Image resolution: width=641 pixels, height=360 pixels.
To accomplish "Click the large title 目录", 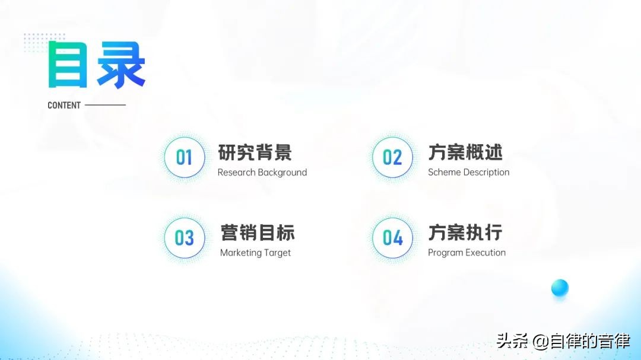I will pos(97,65).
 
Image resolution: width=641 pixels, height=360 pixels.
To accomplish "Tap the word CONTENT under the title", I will pos(64,106).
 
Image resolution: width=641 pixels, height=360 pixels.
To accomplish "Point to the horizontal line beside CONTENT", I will pos(105,106).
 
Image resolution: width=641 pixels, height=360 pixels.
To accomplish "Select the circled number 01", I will pos(184,157).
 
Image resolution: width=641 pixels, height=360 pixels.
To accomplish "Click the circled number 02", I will pos(392,157).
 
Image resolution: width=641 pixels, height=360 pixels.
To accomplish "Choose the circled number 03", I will pos(184,238).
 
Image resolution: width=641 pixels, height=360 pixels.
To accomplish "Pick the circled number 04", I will pos(392,238).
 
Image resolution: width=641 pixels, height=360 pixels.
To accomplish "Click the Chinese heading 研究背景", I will pos(255,152).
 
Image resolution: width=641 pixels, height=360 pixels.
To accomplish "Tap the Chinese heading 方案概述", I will pos(465,152).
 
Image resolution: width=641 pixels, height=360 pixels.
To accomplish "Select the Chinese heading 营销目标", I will pos(257,232).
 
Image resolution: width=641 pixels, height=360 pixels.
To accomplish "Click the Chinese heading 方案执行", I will pos(465,232).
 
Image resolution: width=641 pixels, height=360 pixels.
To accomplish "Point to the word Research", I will pos(236,173).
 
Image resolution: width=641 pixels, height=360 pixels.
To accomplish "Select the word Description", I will pos(486,173).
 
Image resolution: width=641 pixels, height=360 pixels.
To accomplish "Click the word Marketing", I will pos(240,253).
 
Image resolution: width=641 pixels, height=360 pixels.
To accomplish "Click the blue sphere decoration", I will pos(560,288).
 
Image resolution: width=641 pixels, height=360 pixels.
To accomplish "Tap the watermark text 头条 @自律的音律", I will pos(563,342).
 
